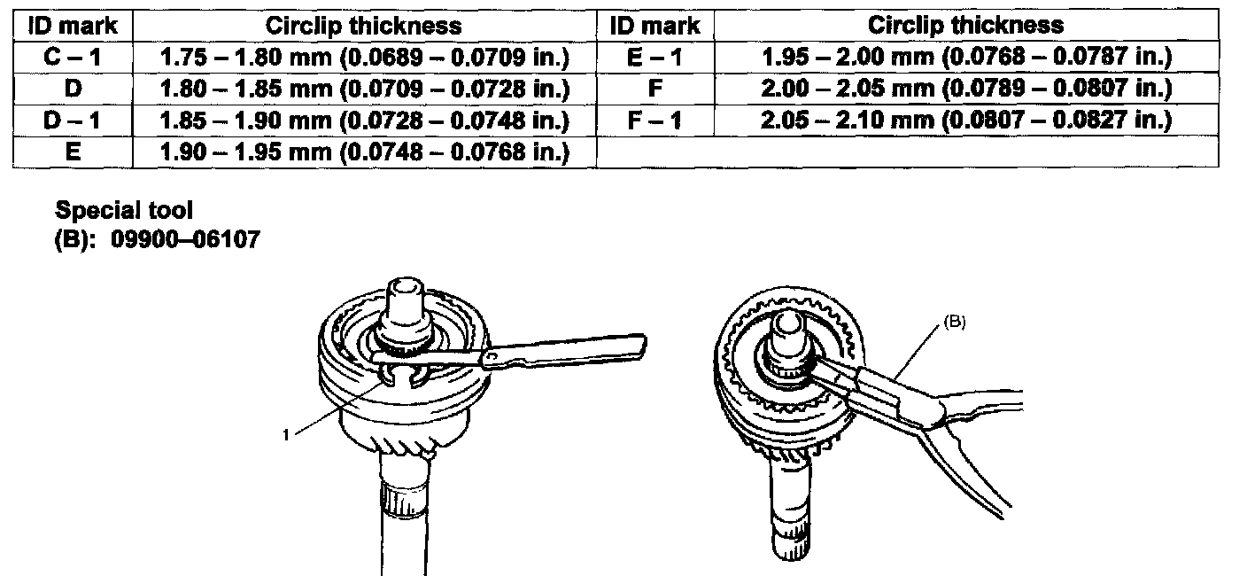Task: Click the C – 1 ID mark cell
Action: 73,57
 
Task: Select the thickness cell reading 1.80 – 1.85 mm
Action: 365,89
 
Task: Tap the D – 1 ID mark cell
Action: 73,121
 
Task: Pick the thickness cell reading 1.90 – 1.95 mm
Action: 365,152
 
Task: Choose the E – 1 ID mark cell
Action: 655,57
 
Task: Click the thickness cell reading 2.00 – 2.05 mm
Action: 966,88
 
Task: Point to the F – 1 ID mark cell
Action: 655,120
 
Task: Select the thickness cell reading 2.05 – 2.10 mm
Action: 966,120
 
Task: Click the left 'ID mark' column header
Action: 73,26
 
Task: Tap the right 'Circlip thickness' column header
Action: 966,25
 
